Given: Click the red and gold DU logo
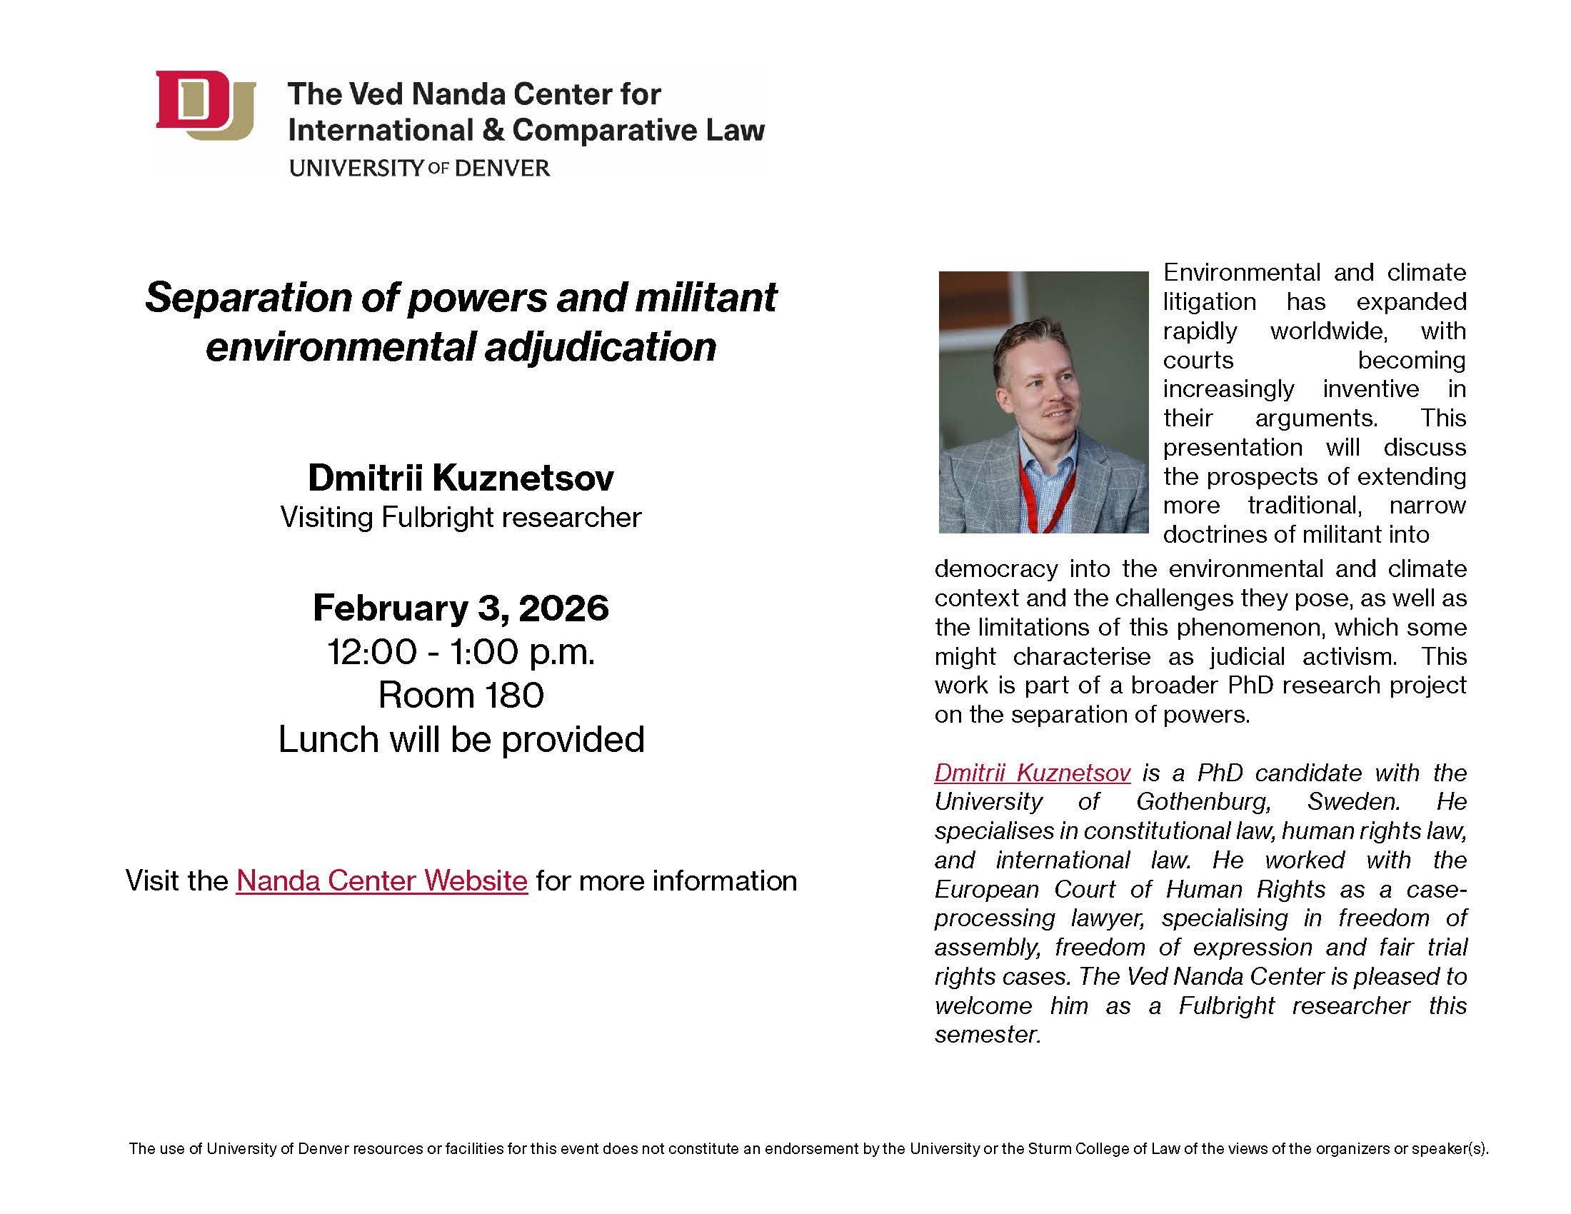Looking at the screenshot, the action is coord(206,105).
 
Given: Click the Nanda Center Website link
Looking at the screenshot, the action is coord(382,881).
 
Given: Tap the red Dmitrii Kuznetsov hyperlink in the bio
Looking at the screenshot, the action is coord(1033,773).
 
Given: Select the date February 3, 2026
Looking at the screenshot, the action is coord(461,608).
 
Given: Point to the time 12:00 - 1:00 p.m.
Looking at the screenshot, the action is coord(461,652).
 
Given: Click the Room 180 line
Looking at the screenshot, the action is coord(461,695).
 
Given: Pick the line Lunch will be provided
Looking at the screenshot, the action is coord(461,739).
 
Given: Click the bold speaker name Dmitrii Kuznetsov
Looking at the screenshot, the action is coord(461,478).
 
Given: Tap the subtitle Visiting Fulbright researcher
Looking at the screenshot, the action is coord(461,518).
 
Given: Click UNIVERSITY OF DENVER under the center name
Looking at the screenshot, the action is coord(419,169).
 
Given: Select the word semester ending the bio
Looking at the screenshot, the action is coord(988,1034).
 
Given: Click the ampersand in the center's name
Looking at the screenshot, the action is coord(493,130).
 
